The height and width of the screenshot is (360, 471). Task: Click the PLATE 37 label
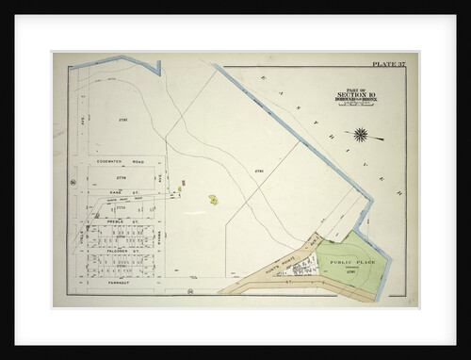390,64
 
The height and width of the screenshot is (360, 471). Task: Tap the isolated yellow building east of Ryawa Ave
214,199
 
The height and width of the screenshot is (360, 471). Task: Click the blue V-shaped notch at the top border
157,68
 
